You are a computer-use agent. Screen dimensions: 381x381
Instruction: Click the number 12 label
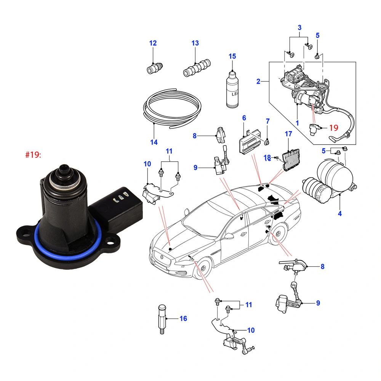click(153, 43)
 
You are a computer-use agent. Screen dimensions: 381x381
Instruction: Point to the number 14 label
click(154, 142)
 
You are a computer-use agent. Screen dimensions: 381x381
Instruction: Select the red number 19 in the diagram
click(333, 128)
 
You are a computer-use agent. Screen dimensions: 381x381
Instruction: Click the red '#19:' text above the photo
click(32, 155)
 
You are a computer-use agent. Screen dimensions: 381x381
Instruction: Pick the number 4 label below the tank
click(339, 214)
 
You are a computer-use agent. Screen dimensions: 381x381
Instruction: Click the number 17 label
click(288, 134)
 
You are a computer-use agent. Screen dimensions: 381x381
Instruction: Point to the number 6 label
click(244, 118)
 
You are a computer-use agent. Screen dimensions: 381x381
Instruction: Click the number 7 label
click(267, 122)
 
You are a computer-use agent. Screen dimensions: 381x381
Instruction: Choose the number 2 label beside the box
click(258, 81)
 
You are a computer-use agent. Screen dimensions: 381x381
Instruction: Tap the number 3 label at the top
click(299, 27)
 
